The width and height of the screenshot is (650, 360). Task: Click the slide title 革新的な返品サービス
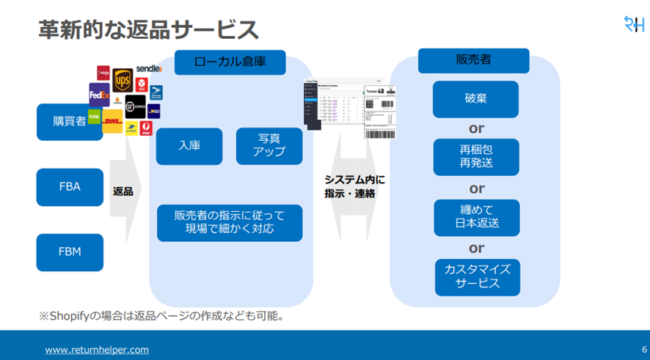(148, 30)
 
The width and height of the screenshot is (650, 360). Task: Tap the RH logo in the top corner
(634, 23)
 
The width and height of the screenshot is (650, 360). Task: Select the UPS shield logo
(122, 78)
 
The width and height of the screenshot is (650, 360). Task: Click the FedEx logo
(99, 95)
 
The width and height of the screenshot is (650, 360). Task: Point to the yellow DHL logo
(112, 122)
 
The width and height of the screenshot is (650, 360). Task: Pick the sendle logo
(148, 69)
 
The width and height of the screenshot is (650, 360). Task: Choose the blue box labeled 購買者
(70, 121)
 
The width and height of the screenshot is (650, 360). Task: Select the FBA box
(70, 187)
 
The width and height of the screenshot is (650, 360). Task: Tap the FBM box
(70, 252)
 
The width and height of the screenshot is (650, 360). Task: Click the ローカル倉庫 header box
(230, 63)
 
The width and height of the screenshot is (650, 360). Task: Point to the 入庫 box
(189, 145)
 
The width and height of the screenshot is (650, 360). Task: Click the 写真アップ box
(269, 145)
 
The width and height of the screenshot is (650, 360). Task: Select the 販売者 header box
(473, 61)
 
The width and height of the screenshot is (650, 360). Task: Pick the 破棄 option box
(475, 99)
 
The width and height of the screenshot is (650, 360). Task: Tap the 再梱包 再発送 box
(475, 157)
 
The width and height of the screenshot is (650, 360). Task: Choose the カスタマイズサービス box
(477, 276)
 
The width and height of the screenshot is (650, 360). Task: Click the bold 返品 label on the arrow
(123, 191)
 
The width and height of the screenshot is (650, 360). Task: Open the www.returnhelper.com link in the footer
(97, 350)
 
